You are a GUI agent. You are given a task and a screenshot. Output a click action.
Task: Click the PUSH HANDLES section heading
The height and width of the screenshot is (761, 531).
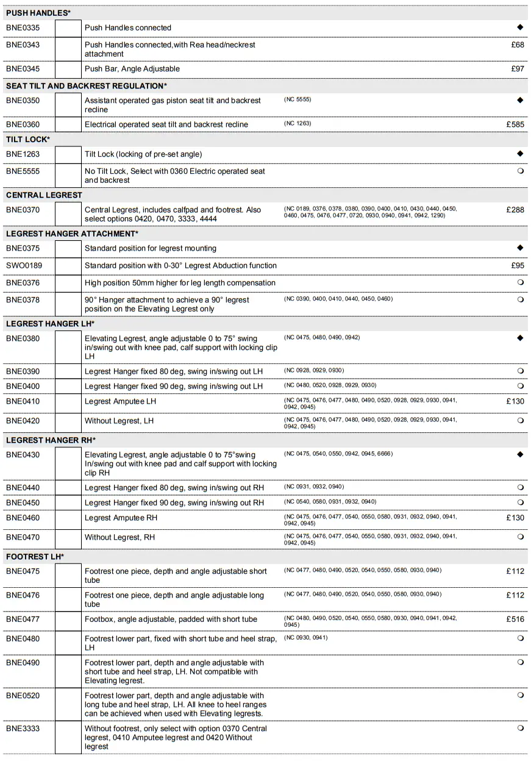tap(38, 13)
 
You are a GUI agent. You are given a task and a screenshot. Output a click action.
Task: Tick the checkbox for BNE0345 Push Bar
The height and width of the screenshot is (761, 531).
tap(68, 69)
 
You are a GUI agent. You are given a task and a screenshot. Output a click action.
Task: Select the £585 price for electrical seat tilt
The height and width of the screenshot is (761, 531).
tap(515, 124)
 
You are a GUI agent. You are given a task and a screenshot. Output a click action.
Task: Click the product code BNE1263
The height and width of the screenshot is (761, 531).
tap(23, 154)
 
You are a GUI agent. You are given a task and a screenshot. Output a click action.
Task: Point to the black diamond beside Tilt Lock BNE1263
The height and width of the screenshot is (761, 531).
tap(520, 154)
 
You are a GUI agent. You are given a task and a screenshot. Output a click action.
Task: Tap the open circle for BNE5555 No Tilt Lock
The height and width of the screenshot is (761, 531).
tap(520, 171)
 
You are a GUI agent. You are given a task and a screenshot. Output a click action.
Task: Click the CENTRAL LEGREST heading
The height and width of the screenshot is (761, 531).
tap(44, 195)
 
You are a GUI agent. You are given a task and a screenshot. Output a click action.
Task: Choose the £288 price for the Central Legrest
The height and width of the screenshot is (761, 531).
tap(515, 210)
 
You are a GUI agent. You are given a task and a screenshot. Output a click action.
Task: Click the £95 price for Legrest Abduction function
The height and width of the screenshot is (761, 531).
tap(518, 266)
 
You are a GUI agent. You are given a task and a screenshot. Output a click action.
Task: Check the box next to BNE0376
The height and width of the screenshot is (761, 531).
tap(68, 283)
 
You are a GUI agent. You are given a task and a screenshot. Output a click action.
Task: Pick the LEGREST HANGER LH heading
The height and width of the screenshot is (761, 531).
tap(50, 324)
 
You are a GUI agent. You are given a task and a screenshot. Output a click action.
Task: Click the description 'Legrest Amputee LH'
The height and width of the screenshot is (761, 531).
tap(120, 401)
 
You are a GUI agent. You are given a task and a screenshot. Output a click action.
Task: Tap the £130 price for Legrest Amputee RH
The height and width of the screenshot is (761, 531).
tap(515, 518)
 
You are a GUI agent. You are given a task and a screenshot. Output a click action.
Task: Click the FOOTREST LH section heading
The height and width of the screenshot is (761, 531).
tap(35, 557)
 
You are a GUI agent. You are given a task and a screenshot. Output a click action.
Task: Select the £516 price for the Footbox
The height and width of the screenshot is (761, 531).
tap(515, 620)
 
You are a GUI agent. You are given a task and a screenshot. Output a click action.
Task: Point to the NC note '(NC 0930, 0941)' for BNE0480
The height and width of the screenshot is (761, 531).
tap(305, 638)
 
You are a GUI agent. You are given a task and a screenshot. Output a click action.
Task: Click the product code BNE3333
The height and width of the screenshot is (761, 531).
tap(23, 729)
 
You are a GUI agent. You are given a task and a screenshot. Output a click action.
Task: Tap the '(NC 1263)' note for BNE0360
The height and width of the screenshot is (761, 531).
tap(298, 124)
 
